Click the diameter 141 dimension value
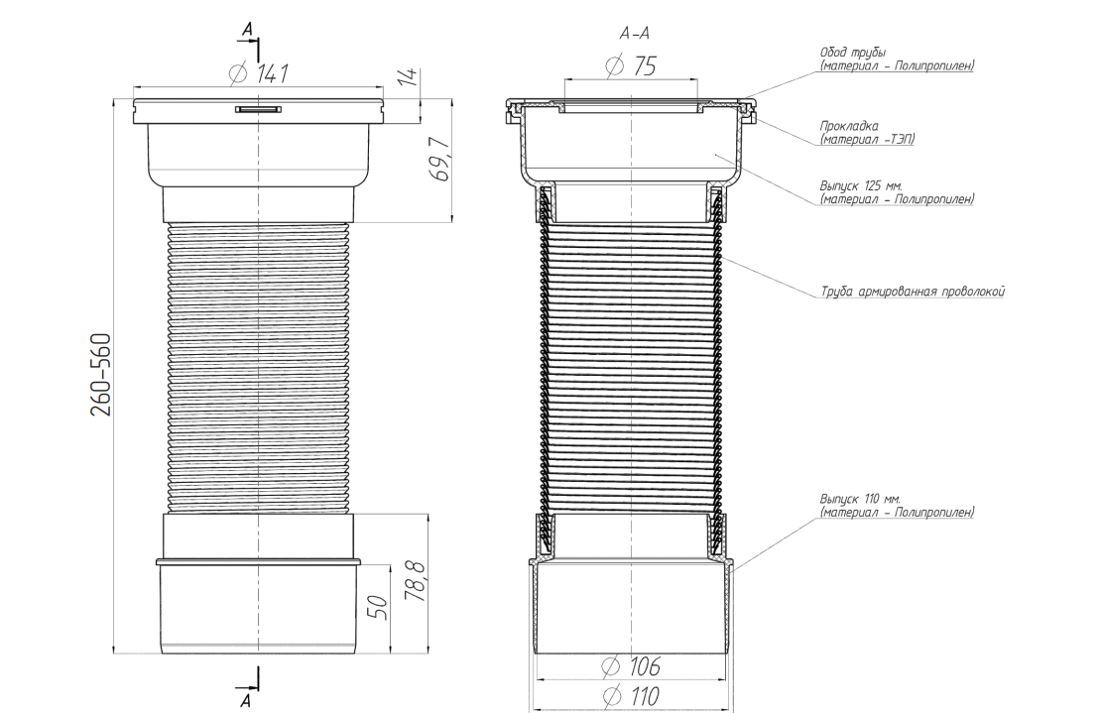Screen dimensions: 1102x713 click(259, 73)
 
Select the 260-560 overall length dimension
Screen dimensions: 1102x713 click(102, 375)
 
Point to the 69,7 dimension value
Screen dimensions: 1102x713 click(441, 160)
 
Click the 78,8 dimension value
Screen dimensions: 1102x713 click(415, 579)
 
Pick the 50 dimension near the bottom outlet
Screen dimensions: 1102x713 click(377, 606)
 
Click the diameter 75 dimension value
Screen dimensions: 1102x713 click(631, 66)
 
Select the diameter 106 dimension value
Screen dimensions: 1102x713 click(631, 666)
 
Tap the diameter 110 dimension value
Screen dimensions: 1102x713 click(631, 697)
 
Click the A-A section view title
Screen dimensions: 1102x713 click(634, 34)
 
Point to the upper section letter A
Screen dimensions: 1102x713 click(247, 29)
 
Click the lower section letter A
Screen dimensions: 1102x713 click(245, 700)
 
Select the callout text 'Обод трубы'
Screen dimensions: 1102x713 click(853, 53)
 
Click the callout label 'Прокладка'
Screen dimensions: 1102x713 click(849, 127)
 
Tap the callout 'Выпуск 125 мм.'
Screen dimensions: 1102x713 click(861, 186)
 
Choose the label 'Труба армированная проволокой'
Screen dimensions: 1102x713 click(913, 292)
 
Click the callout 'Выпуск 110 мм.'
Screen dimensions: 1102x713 click(860, 499)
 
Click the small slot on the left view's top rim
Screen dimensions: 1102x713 click(259, 109)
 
